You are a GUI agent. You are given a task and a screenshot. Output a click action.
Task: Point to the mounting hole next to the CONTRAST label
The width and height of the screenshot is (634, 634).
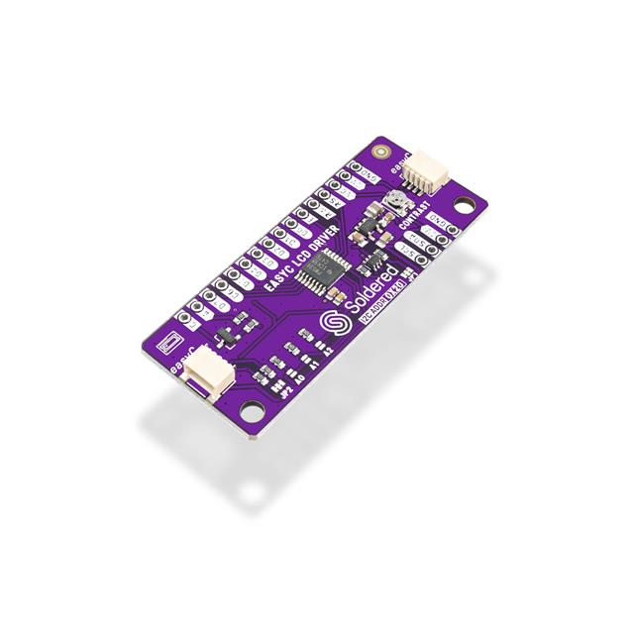(463, 207)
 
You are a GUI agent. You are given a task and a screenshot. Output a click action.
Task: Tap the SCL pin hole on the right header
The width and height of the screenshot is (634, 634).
(425, 260)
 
